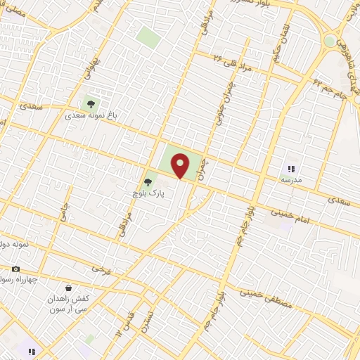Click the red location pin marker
coord(181,165)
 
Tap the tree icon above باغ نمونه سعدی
coord(91,104)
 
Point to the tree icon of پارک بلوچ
coord(147,182)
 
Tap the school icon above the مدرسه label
coord(291,169)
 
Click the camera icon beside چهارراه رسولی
coord(15,269)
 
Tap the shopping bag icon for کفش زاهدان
coord(68,287)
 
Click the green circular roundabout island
coord(330,41)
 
